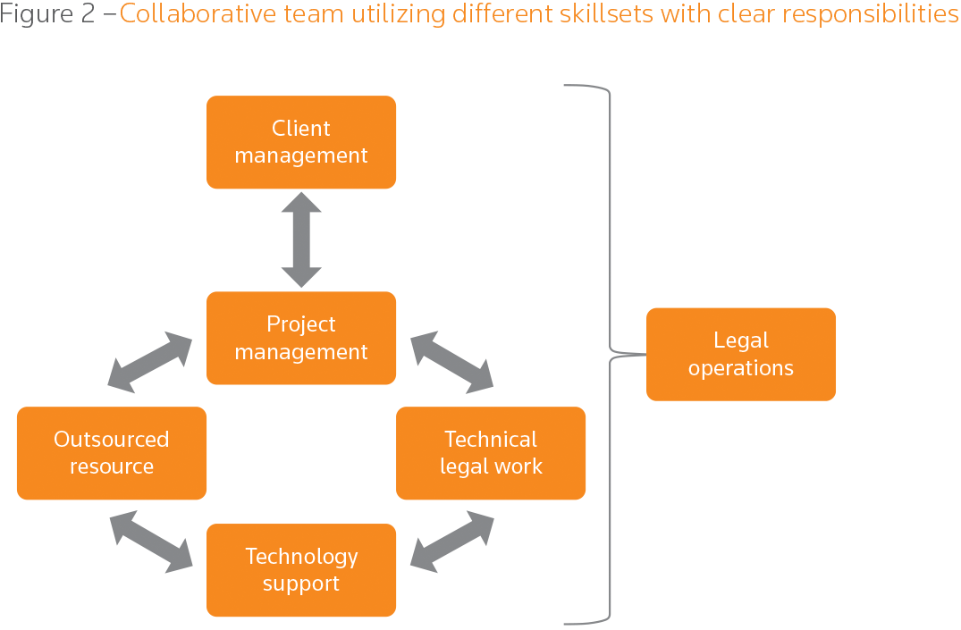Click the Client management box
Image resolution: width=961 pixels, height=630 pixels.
pos(301,142)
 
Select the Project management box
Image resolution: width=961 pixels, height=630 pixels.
pos(301,338)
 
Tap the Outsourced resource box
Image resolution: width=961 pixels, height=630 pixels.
pos(112,453)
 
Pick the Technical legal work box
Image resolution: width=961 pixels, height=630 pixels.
pos(491,453)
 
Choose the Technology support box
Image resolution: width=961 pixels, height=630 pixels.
pos(301,570)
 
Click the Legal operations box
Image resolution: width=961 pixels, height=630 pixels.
pos(741,354)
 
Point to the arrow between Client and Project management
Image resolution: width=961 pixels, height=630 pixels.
pos(301,239)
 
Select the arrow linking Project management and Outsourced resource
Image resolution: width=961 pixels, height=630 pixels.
pos(149,362)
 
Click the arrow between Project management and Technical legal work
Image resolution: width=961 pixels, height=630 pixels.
pos(451,362)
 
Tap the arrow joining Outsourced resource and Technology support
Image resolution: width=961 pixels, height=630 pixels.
pos(151,542)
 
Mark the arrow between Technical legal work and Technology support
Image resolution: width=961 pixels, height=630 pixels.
pos(451,542)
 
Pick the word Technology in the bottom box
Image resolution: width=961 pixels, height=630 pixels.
pos(301,557)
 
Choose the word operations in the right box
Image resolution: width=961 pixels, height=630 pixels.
pos(741,368)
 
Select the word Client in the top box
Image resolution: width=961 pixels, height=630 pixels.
pos(301,129)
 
